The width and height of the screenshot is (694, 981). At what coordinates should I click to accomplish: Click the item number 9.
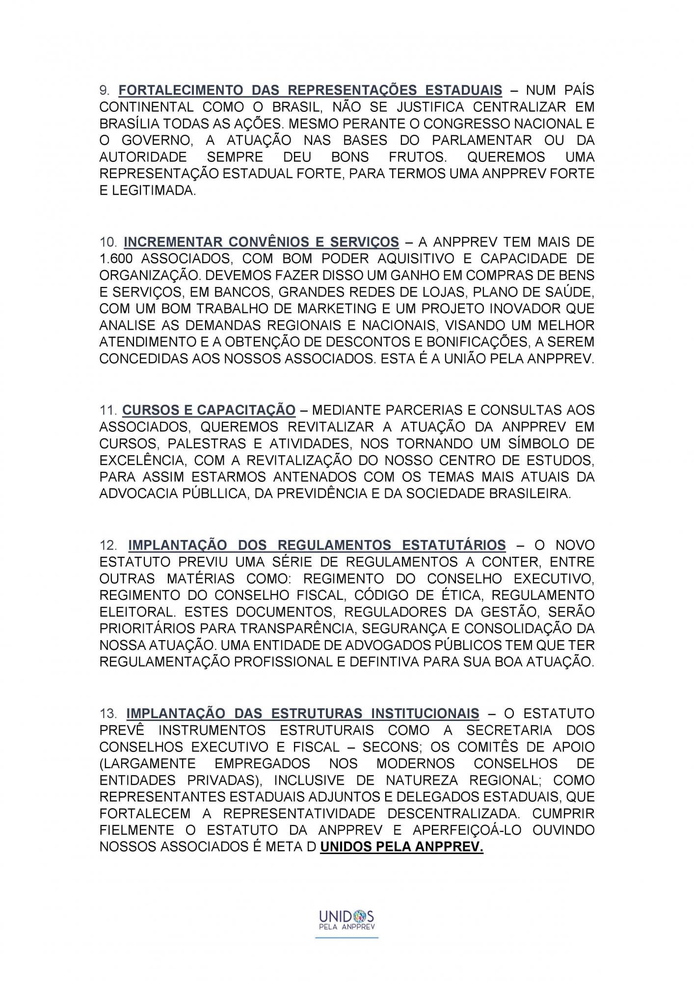coord(106,90)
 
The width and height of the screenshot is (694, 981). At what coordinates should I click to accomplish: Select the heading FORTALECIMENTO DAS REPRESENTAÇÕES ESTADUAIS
coord(310,90)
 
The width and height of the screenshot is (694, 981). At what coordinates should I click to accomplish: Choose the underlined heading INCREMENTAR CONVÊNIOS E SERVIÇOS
coord(261,242)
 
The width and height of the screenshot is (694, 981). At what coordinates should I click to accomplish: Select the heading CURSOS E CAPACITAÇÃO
coord(209,410)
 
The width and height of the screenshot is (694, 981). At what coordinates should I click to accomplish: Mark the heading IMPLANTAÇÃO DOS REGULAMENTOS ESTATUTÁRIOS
coord(317,545)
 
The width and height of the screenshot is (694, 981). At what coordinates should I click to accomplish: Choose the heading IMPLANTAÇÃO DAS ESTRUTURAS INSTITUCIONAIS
coord(302,714)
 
